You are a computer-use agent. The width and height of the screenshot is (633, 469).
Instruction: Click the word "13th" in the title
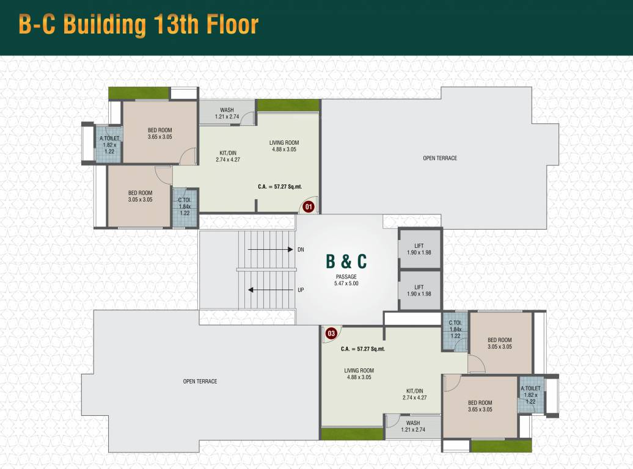172,25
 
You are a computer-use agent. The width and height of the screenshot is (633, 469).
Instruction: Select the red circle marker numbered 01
309,207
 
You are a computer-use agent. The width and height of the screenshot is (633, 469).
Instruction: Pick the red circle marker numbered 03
331,333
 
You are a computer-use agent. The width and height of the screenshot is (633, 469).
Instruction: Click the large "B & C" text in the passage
346,261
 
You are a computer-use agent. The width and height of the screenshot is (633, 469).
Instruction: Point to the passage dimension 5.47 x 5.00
346,284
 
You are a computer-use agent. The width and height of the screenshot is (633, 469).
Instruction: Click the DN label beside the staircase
301,250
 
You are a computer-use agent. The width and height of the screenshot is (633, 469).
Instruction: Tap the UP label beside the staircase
301,290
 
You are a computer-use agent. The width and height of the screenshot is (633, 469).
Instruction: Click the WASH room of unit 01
227,113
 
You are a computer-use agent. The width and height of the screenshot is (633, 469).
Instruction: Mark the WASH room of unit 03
413,426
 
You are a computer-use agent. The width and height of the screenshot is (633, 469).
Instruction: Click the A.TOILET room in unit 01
109,144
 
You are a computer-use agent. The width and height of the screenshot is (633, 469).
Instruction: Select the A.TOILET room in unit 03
530,394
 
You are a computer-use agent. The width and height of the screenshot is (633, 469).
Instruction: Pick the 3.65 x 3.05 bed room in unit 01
159,133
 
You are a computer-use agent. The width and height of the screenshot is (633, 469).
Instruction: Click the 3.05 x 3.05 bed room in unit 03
499,343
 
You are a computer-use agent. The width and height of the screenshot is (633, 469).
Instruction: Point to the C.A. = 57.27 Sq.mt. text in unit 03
363,349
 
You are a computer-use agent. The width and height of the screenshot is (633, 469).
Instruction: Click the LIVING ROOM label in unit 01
284,146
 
